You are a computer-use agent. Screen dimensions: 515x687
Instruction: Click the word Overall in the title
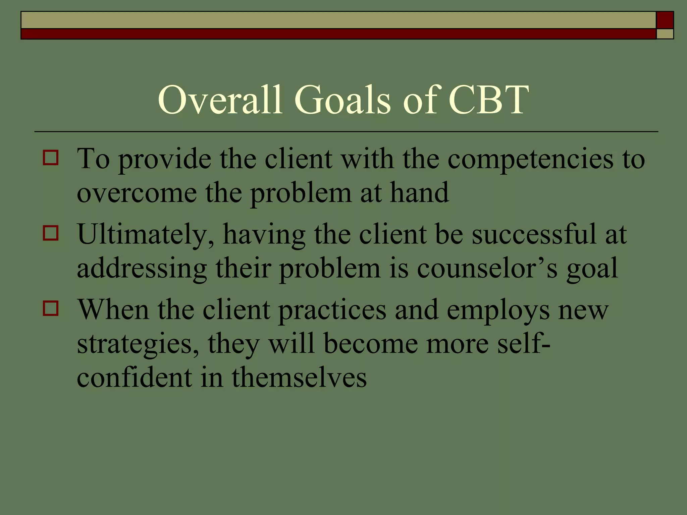click(220, 100)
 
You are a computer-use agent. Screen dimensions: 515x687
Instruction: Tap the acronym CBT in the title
click(488, 100)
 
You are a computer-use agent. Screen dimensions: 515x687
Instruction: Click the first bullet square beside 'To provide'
click(51, 158)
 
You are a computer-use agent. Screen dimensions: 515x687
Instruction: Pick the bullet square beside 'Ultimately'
click(51, 233)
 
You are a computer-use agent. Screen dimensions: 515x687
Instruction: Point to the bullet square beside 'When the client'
click(51, 308)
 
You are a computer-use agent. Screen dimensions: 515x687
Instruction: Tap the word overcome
click(137, 194)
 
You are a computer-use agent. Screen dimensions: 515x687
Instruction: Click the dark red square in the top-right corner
click(665, 20)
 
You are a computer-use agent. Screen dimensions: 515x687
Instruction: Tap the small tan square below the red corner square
click(665, 34)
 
